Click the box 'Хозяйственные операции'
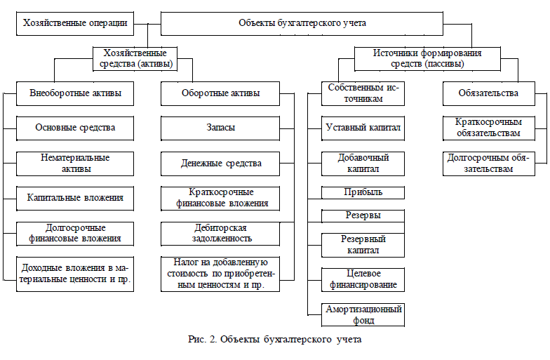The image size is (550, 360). [75, 24]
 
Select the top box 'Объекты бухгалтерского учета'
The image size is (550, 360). [302, 24]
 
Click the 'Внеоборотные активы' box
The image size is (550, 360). [75, 93]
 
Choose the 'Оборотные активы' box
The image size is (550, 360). [220, 93]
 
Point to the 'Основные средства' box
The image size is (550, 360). [75, 128]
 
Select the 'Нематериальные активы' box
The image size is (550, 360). [75, 163]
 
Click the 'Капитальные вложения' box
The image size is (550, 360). [75, 198]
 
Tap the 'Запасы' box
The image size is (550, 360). [220, 128]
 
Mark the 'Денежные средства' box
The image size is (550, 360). [220, 164]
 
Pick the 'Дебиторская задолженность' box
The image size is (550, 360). [220, 233]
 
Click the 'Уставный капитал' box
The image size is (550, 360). [363, 128]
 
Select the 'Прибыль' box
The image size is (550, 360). [363, 192]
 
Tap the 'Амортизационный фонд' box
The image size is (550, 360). [363, 314]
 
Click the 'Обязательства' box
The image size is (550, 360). [488, 93]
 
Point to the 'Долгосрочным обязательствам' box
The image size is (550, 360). [488, 164]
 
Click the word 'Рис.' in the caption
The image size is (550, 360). [199, 340]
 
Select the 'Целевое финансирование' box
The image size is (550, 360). [363, 280]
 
